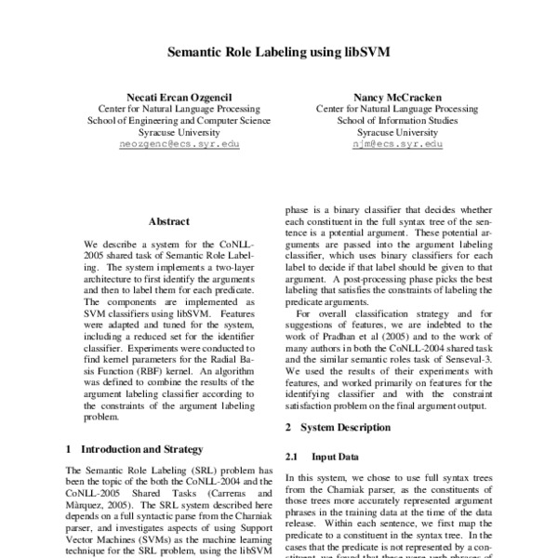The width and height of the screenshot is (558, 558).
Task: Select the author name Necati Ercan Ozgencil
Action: [174, 97]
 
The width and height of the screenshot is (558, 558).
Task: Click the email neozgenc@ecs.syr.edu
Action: [174, 146]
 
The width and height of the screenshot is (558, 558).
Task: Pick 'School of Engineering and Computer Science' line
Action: [174, 121]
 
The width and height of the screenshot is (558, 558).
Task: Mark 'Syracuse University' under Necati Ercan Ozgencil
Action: [174, 133]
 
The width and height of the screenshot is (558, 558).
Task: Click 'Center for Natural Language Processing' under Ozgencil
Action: [174, 109]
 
